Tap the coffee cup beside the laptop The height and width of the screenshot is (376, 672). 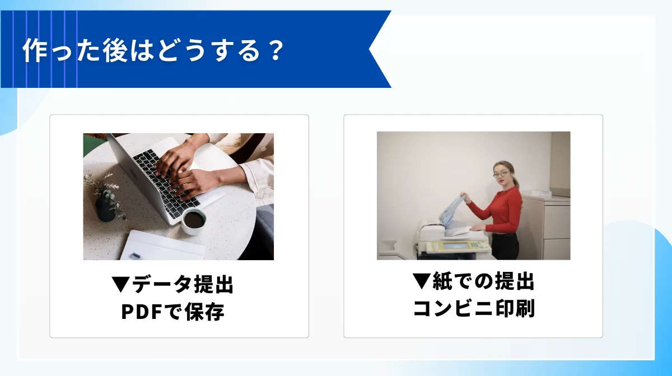194,220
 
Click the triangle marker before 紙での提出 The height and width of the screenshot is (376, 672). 421,281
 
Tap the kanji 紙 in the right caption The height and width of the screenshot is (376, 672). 442,281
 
